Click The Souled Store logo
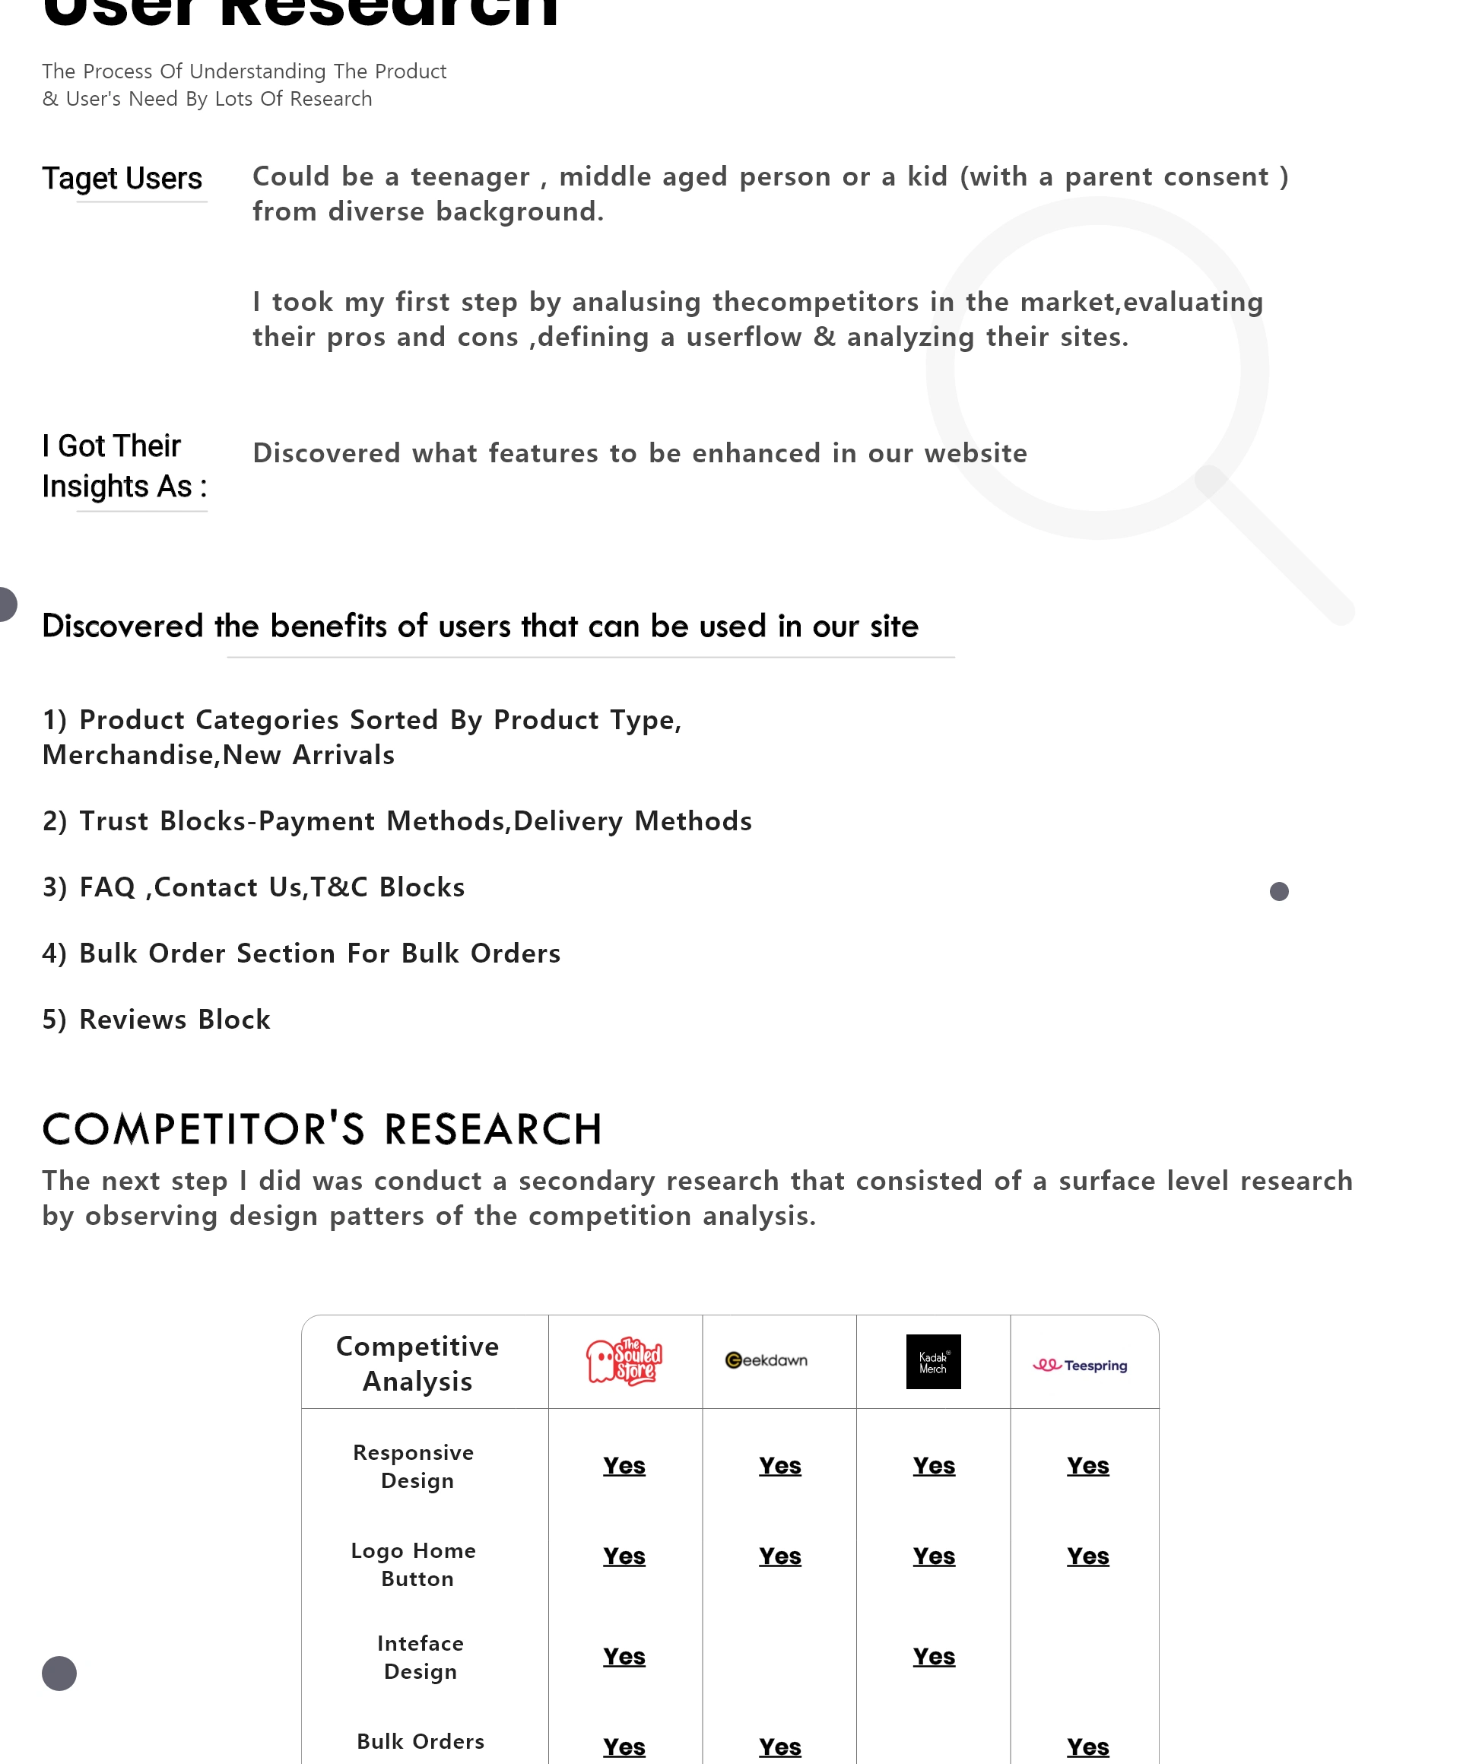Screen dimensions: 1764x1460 coord(624,1361)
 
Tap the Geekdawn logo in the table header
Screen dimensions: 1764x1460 coord(766,1360)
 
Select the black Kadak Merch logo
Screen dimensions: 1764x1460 coord(932,1361)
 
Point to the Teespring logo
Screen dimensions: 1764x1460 coord(1080,1365)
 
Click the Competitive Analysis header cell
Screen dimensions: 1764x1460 coord(417,1363)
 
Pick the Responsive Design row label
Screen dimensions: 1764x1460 coord(414,1466)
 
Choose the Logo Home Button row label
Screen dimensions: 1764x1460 coord(414,1564)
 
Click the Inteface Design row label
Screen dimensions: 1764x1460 coord(420,1657)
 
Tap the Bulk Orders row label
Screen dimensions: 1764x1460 coord(420,1741)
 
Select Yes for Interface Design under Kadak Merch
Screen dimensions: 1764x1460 coord(933,1657)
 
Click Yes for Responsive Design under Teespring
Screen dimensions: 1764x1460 coord(1087,1466)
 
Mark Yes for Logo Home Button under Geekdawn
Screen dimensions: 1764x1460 coord(779,1556)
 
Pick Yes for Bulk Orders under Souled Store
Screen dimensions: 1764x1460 coord(624,1747)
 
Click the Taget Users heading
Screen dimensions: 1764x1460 coord(122,179)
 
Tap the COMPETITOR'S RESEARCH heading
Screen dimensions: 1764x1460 coord(322,1129)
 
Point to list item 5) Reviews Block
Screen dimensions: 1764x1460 coord(157,1019)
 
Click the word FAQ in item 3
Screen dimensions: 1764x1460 coord(107,887)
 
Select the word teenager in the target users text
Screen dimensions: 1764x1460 coord(470,176)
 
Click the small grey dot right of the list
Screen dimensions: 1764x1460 coord(1278,891)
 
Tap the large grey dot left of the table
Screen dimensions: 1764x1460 coord(59,1674)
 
